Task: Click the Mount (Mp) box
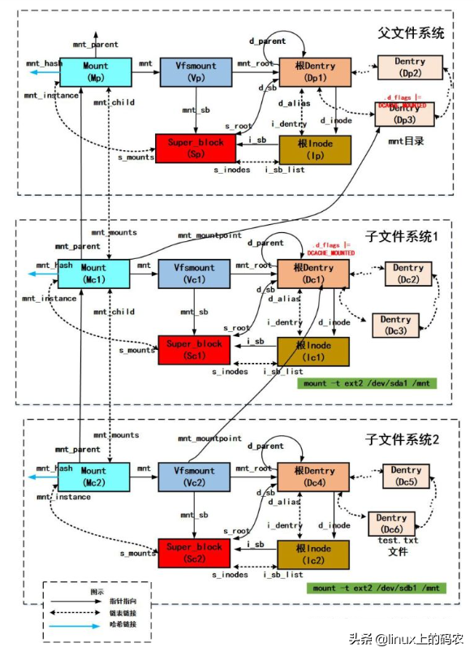point(95,71)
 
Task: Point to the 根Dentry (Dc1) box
point(313,274)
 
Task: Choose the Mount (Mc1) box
point(93,274)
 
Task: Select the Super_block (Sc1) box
point(195,350)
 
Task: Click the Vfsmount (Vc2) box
point(195,476)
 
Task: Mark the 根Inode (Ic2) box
point(314,553)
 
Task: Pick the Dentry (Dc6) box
point(391,524)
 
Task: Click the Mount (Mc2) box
point(93,476)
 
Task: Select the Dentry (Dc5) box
point(406,476)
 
